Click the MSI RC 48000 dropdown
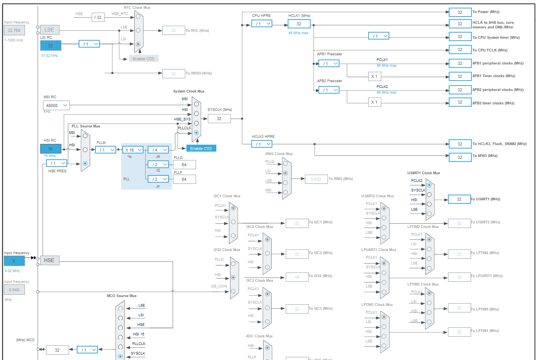(x=56, y=106)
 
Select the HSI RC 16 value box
(x=51, y=149)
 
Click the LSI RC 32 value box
(x=51, y=46)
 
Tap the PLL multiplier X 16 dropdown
(x=133, y=150)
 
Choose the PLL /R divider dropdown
(x=158, y=150)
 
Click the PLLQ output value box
(x=184, y=165)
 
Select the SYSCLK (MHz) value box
(x=219, y=119)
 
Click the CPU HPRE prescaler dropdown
(x=262, y=24)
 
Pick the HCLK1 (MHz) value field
(x=299, y=24)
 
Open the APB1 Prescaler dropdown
(x=329, y=64)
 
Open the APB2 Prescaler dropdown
(x=329, y=90)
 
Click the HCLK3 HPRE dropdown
(x=262, y=144)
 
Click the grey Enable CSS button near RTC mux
(x=143, y=59)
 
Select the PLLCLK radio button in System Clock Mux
(x=196, y=133)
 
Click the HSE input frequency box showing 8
(x=14, y=261)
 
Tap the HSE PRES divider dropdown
(x=56, y=163)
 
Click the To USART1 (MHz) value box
(x=459, y=199)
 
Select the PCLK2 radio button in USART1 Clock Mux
(x=429, y=185)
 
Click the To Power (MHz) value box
(x=460, y=12)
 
